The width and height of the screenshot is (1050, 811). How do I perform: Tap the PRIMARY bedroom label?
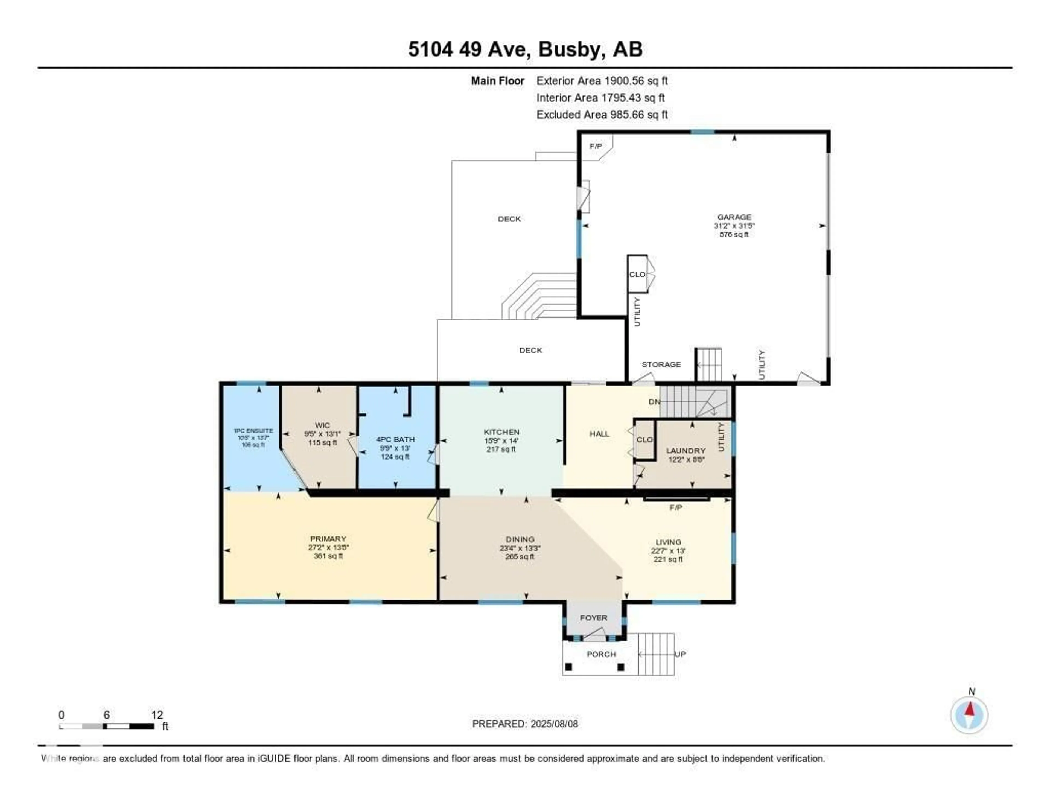(328, 538)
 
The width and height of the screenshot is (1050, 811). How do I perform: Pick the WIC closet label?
(322, 425)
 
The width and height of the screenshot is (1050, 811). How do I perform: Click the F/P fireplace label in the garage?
(595, 146)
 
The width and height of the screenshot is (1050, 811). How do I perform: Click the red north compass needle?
(969, 709)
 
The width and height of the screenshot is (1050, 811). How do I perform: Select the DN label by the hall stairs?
(654, 401)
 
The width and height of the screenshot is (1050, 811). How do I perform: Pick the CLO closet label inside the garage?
(637, 274)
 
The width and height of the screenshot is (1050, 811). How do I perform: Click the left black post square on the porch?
(568, 667)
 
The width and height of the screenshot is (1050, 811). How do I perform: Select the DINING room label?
(520, 539)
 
